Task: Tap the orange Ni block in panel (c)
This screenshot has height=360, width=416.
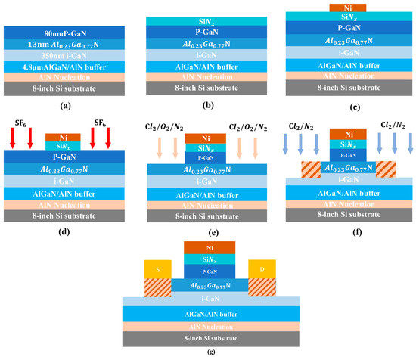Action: click(348, 8)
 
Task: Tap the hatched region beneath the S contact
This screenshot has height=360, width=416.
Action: click(157, 287)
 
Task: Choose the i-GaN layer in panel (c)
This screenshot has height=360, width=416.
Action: click(348, 52)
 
